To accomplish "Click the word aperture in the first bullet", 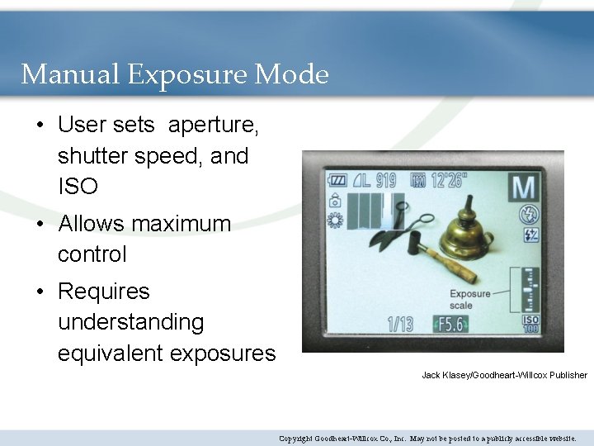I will (214, 126).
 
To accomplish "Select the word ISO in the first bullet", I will (78, 187).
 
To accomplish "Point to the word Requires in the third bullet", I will (104, 292).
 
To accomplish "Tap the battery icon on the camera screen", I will (337, 179).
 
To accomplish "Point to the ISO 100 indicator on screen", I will (530, 324).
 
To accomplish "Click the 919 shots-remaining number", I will (385, 179).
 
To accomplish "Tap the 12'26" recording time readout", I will (449, 179).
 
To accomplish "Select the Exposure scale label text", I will (469, 299).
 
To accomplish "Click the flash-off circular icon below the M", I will (529, 214).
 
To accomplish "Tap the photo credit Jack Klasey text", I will (504, 375).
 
